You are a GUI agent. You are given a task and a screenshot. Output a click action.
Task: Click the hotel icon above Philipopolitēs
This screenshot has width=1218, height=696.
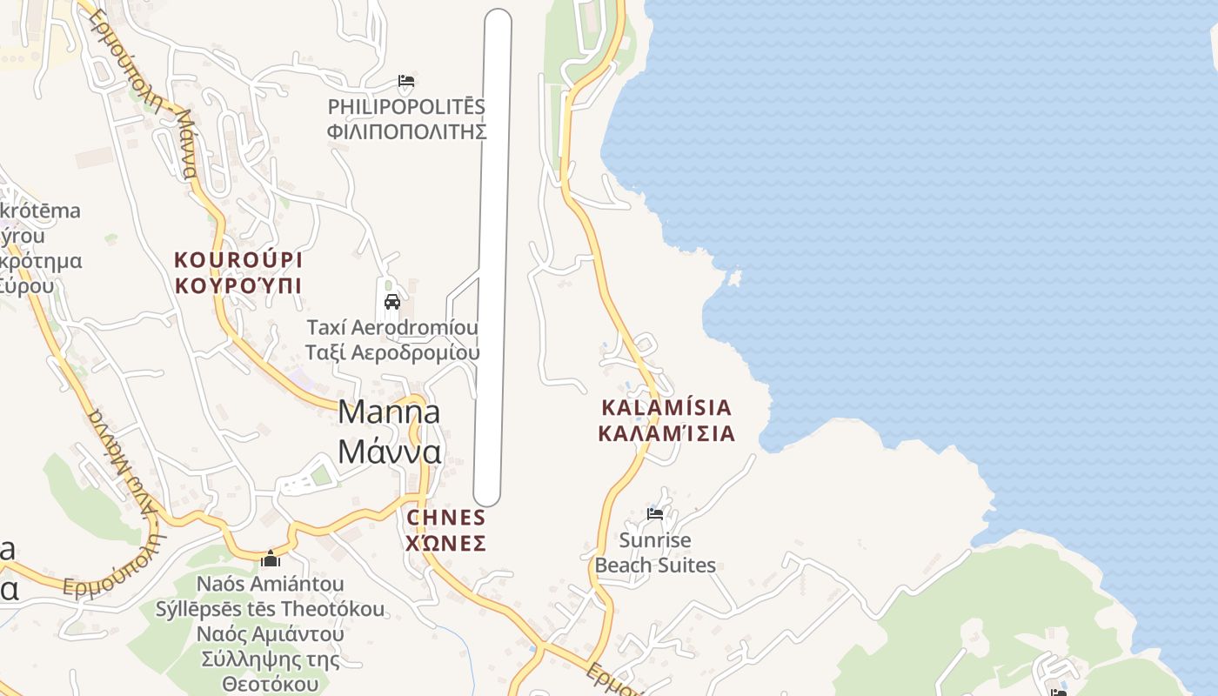pyautogui.click(x=406, y=82)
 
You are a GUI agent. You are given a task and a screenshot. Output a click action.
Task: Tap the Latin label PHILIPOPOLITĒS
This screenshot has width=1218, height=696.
pyautogui.click(x=406, y=107)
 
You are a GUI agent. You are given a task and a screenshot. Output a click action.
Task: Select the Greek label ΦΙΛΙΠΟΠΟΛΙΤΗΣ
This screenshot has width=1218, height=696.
pyautogui.click(x=406, y=132)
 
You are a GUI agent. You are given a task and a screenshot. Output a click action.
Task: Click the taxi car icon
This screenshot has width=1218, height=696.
pyautogui.click(x=392, y=302)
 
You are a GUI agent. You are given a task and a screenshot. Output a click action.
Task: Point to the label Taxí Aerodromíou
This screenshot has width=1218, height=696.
pyautogui.click(x=392, y=328)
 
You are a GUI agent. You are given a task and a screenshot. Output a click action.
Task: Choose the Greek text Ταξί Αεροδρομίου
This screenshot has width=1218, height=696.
pyautogui.click(x=392, y=352)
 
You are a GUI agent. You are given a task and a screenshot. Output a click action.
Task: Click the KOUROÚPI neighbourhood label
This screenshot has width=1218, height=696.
pyautogui.click(x=238, y=260)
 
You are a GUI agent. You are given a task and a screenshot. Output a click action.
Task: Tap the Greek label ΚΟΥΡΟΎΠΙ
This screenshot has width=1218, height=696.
pyautogui.click(x=238, y=285)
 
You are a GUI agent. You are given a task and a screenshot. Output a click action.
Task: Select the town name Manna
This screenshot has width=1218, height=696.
pyautogui.click(x=389, y=412)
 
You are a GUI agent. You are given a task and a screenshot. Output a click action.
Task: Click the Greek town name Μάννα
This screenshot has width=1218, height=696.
pyautogui.click(x=389, y=452)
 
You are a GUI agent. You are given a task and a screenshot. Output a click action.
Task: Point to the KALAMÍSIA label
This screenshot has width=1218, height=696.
pyautogui.click(x=666, y=408)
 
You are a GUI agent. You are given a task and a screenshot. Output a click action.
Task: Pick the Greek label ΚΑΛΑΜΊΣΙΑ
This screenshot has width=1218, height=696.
pyautogui.click(x=666, y=433)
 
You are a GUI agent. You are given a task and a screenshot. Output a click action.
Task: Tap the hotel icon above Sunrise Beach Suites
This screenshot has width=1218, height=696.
pyautogui.click(x=655, y=514)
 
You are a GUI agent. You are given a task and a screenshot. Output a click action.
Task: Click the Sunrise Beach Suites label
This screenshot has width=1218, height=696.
pyautogui.click(x=655, y=553)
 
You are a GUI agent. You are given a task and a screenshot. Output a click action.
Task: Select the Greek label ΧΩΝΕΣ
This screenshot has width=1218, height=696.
pyautogui.click(x=445, y=544)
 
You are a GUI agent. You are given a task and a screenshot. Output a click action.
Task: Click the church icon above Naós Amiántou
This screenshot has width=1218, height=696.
pyautogui.click(x=271, y=559)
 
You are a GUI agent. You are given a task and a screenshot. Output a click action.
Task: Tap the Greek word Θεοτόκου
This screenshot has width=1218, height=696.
pyautogui.click(x=271, y=684)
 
